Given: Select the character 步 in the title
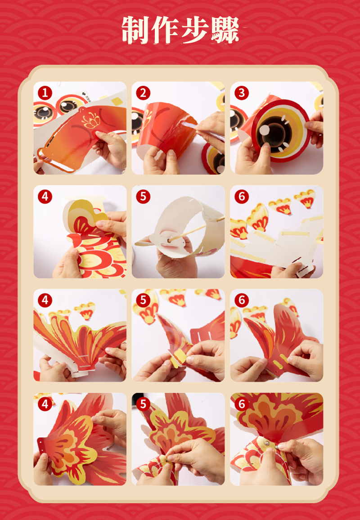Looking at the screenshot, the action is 195,30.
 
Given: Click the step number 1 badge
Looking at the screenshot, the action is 45,93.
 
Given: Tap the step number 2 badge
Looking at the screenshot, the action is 143,93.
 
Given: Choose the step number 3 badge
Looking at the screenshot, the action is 242,93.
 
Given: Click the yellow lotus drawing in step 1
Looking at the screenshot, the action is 91,121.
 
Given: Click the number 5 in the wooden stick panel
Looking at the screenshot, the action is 143,197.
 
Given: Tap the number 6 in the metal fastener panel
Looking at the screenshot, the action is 242,404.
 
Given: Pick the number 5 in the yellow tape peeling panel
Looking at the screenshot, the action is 143,300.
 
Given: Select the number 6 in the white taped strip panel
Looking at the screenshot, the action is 242,197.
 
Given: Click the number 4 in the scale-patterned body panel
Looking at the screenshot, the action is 45,197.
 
